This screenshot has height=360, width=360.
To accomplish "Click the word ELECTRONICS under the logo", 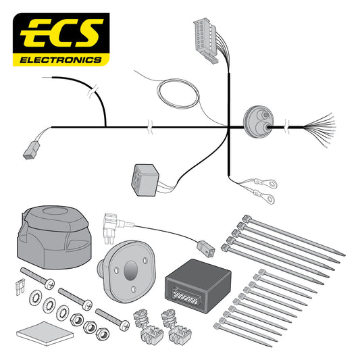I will click(x=60, y=59).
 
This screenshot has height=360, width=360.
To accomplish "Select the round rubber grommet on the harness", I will click(x=257, y=124).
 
